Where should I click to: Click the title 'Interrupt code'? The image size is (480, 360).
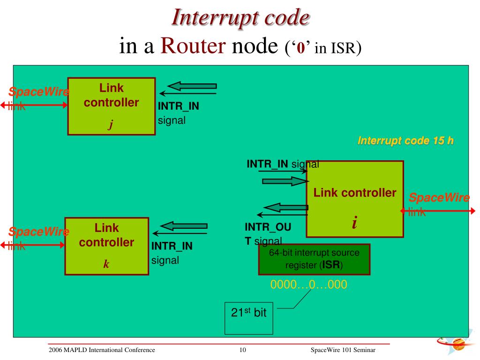(x=240, y=17)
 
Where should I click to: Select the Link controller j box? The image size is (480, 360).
(x=112, y=106)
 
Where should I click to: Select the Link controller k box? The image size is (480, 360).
(x=106, y=246)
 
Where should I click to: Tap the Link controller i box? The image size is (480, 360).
(x=355, y=199)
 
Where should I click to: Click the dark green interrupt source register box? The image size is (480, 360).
(x=314, y=259)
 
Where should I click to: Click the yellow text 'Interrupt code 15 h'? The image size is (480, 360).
(x=405, y=141)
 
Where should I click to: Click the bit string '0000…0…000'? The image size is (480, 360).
(x=308, y=285)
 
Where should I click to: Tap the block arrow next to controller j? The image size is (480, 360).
(x=192, y=86)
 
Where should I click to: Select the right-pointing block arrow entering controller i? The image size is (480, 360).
(x=283, y=181)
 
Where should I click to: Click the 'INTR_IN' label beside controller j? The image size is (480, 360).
(x=178, y=106)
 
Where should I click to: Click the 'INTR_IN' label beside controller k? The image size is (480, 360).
(x=172, y=246)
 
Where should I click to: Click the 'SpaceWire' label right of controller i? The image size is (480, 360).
(x=439, y=197)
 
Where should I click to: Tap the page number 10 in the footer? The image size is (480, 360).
(x=243, y=350)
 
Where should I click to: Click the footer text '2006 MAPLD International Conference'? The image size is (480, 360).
(x=102, y=350)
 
